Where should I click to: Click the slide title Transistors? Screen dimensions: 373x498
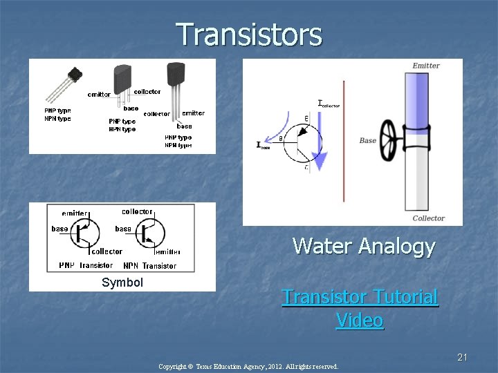coord(249,35)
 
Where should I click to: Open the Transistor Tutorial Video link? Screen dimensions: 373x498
coord(360,308)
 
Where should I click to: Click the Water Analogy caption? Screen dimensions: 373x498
coord(363,246)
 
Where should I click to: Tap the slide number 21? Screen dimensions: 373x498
coord(463,357)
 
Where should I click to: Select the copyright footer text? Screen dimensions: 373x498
coord(248,366)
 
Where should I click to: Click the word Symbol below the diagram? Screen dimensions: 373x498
coord(122,283)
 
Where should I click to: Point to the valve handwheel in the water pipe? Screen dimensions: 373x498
coord(389,141)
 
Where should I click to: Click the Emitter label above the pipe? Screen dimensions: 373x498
coord(425,66)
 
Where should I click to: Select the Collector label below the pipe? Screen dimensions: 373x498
coord(428,218)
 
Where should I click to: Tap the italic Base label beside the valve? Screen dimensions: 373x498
coord(367,140)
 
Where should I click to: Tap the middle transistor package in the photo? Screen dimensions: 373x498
coord(122,75)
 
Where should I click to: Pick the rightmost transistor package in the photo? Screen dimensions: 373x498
coord(176,75)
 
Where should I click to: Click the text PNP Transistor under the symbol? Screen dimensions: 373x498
coord(86,265)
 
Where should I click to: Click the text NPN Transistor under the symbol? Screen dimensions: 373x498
coord(149,265)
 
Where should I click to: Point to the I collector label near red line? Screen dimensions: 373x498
coord(329,104)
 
